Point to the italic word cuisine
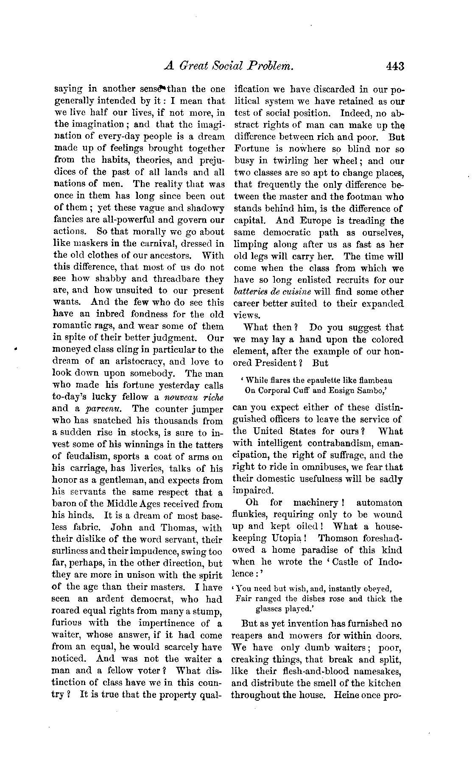pos(296,292)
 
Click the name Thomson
pos(338,538)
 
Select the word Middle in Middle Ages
pos(131,504)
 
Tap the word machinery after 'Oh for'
pos(316,503)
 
